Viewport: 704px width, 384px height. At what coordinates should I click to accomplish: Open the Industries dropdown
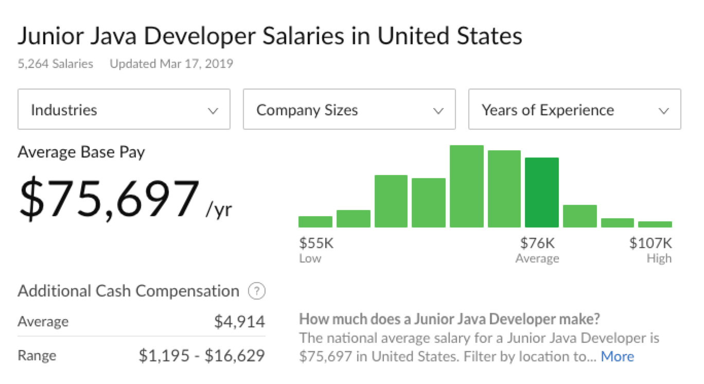[124, 110]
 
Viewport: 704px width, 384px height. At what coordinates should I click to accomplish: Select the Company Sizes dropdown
[349, 110]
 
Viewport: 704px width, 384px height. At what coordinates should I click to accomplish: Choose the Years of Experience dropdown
[574, 110]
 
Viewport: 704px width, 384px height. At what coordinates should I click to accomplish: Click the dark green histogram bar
[542, 193]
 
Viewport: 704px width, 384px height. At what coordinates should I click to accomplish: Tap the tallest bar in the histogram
[466, 186]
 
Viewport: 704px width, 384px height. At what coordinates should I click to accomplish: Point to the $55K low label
[316, 243]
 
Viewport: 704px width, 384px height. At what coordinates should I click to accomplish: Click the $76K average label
[537, 243]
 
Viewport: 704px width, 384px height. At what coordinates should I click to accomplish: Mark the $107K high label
[650, 243]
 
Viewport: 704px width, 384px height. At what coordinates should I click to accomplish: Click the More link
[617, 356]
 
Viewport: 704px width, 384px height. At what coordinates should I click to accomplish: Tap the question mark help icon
[256, 292]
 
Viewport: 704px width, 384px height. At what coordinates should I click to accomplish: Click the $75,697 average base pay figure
[109, 199]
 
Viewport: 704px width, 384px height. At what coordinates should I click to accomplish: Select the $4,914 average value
[239, 322]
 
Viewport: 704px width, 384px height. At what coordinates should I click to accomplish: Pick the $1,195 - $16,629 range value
[202, 356]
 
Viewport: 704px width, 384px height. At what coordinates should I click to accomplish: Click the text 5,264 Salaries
[56, 64]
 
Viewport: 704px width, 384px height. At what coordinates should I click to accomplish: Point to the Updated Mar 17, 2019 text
[171, 64]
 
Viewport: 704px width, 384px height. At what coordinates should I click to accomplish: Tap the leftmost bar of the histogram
[315, 222]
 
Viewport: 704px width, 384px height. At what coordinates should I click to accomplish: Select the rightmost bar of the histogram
[655, 224]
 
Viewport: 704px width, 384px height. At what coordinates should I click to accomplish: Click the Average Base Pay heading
[81, 152]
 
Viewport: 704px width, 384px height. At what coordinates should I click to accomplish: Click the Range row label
[37, 356]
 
